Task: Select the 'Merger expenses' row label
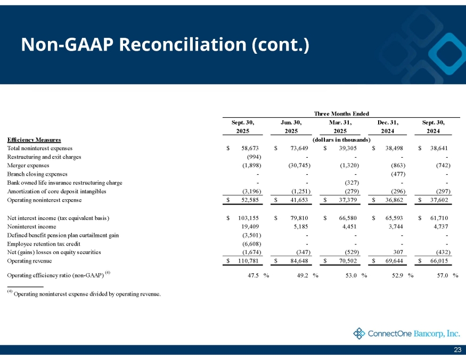tap(28, 165)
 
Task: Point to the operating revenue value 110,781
tap(248, 261)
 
